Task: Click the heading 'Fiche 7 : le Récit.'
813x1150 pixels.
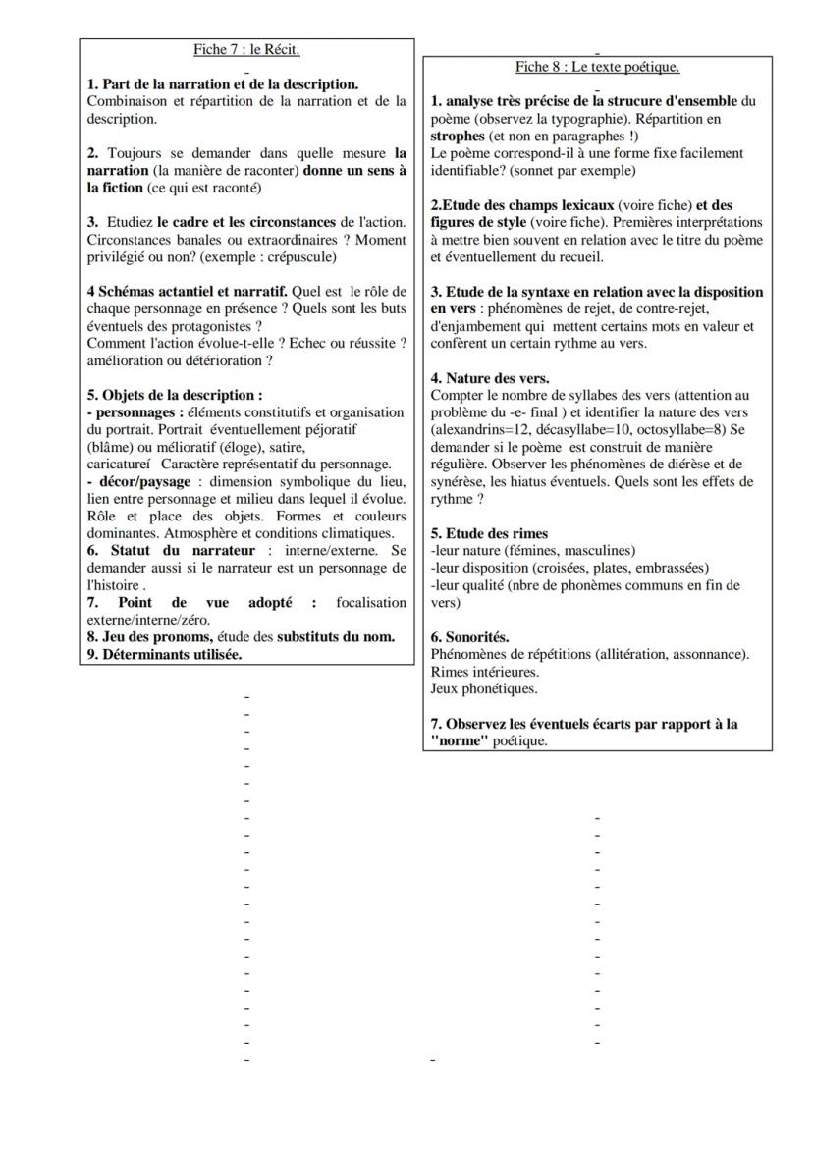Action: [245, 50]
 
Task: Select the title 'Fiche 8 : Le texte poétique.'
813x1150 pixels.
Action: [597, 67]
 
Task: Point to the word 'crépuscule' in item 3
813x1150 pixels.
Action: [299, 257]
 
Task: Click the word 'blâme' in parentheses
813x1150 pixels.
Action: [112, 447]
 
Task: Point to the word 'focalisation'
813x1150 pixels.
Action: [370, 602]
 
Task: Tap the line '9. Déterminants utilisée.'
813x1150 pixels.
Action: [165, 654]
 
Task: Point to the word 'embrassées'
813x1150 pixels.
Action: [673, 568]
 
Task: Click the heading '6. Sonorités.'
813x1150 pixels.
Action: [469, 637]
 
